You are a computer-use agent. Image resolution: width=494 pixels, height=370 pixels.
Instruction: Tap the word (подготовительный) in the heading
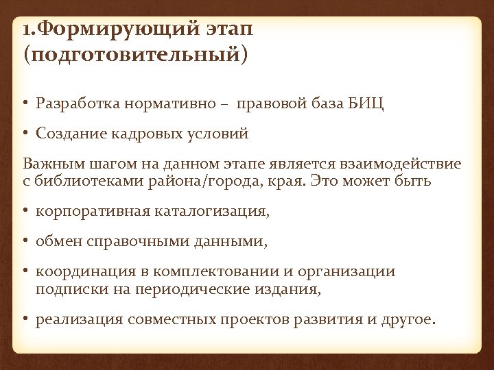[x=134, y=54]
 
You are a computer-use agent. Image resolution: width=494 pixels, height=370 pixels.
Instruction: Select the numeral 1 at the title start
[x=26, y=31]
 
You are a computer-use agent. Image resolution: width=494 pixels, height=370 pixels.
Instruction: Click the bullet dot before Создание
[x=26, y=135]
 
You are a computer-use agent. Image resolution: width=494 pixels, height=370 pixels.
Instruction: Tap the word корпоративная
[x=93, y=212]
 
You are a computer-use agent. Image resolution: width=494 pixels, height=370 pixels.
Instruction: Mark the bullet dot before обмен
[x=26, y=242]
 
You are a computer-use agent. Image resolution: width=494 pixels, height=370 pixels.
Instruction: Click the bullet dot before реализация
[x=26, y=319]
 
